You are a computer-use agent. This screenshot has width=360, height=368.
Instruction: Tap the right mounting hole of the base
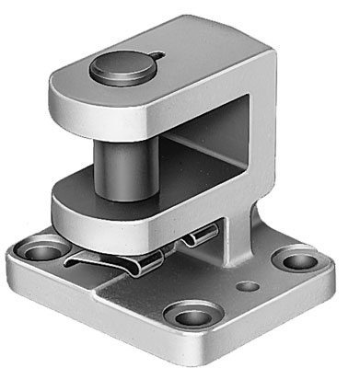coord(294,259)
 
